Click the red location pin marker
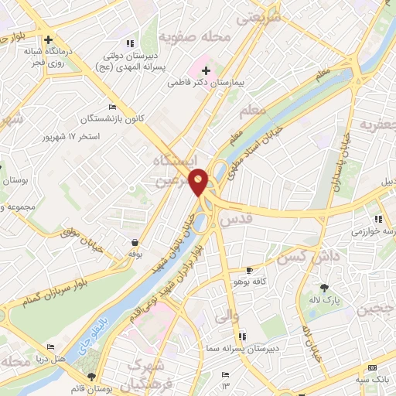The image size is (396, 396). point(200,183)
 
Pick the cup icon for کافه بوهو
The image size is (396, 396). point(248,270)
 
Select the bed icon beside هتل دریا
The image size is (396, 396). point(50,346)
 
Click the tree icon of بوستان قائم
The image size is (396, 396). point(92,377)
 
